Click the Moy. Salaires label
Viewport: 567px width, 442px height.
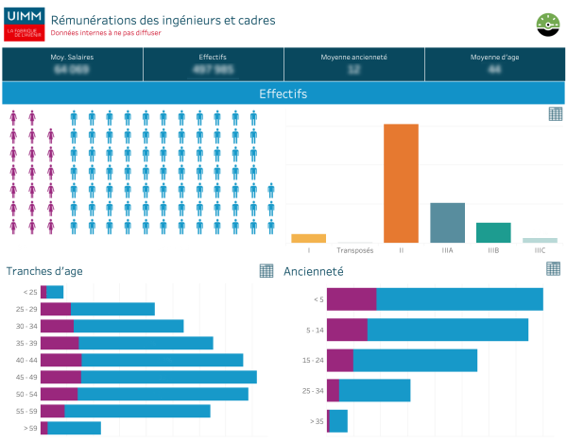[x=72, y=58]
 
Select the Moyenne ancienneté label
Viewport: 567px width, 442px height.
[x=354, y=58]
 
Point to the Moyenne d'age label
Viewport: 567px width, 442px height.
[x=494, y=58]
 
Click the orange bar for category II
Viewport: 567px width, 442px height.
[x=401, y=183]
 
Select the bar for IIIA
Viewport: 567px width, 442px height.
[x=447, y=223]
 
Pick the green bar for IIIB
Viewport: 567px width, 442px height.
[x=493, y=232]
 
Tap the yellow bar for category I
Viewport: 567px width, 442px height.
[x=308, y=238]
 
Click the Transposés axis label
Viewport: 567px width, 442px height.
[x=354, y=250]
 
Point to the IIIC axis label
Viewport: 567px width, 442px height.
[x=540, y=250]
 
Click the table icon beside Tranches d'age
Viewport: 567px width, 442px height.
[x=266, y=271]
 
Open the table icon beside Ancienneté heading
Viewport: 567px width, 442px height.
[x=553, y=269]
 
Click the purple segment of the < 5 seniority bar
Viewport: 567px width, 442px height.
[x=352, y=298]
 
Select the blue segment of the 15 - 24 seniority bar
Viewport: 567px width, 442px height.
[x=415, y=360]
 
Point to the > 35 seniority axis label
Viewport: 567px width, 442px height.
[x=316, y=421]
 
